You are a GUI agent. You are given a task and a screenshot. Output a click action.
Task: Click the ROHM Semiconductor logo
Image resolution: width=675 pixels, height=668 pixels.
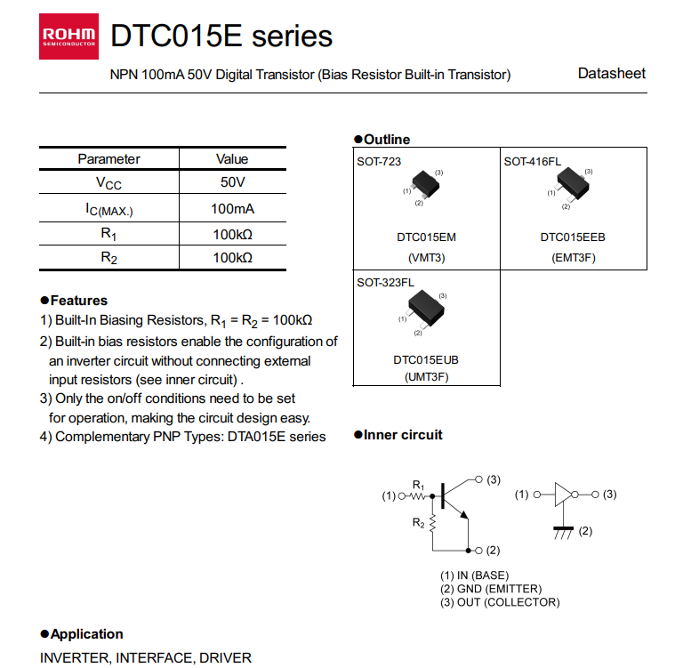pos(69,36)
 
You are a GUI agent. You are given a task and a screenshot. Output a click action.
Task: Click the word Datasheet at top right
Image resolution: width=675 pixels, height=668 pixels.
pos(611,74)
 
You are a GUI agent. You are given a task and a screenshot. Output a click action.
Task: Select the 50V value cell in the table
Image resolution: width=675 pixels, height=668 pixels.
pos(232,183)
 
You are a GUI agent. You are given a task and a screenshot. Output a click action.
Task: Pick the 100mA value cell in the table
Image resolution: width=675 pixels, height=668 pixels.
pos(232,209)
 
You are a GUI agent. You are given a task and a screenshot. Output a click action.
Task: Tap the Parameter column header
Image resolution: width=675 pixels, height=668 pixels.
pos(108,159)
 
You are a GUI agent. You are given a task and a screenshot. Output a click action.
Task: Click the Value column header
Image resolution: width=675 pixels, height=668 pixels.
pos(232,159)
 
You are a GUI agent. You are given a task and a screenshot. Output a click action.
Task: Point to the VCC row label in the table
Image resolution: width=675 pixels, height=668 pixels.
pos(108,183)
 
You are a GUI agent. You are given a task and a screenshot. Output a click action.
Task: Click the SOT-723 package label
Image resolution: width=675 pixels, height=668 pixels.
pos(379,161)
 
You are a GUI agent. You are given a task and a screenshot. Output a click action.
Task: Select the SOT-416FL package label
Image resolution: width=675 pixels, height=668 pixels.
pos(532,161)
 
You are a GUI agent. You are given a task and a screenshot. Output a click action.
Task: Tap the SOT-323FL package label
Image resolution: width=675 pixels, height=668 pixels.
pos(385,282)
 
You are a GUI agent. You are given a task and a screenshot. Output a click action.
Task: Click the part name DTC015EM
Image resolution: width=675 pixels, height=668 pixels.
pos(426,238)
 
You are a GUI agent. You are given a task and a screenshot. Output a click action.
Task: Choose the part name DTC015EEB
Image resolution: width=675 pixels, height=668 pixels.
pos(573,238)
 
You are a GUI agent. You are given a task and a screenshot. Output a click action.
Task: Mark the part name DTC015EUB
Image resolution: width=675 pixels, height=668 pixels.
pos(426,360)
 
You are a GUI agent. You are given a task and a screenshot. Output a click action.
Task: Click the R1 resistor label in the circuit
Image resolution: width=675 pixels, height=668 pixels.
pos(418,484)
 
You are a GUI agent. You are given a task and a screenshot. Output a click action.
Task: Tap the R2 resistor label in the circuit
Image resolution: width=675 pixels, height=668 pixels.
pos(418,523)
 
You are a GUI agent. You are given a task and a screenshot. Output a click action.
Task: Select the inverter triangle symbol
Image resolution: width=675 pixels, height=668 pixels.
pos(562,495)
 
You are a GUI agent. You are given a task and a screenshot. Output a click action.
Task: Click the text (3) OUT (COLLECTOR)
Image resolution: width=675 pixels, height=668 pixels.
pos(500,602)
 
